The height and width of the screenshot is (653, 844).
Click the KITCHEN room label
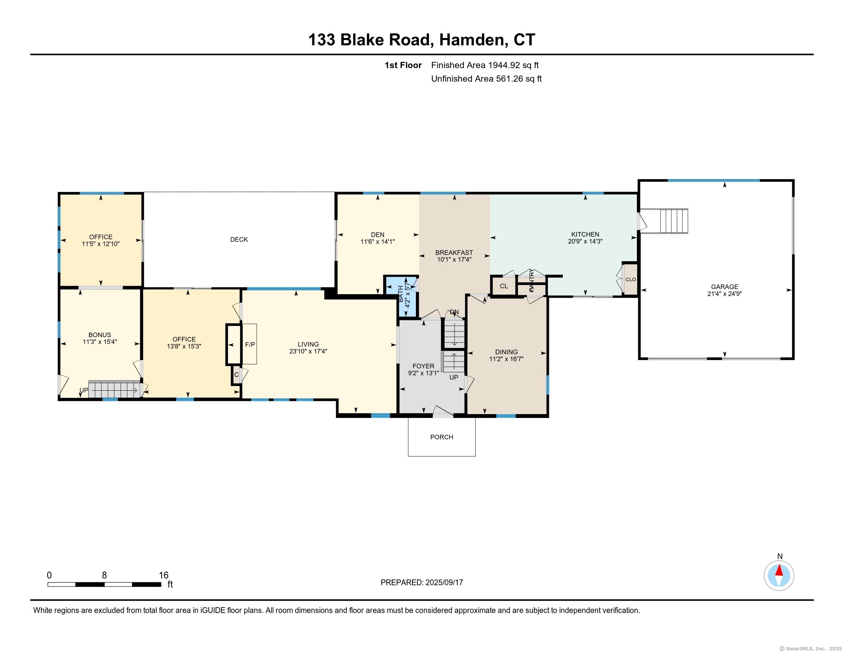point(585,234)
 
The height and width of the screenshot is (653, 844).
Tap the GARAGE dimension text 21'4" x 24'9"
point(724,293)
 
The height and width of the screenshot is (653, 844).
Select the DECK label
point(239,239)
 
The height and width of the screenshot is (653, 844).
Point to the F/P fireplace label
point(250,344)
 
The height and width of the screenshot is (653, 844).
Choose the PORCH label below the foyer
point(441,437)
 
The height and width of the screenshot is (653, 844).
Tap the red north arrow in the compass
point(779,570)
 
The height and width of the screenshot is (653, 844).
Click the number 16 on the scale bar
point(163,575)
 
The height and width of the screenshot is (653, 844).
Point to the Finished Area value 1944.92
point(504,65)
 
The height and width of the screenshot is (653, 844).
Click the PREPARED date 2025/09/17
point(444,582)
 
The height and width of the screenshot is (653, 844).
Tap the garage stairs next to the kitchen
point(673,221)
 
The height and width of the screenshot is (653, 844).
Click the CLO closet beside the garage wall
point(630,279)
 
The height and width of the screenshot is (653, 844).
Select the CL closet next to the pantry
point(504,286)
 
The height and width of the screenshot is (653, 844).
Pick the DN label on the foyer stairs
point(454,312)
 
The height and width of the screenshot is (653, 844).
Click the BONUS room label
point(100,335)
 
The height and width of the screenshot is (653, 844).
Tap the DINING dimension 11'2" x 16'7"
point(506,359)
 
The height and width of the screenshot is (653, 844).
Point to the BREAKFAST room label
point(454,252)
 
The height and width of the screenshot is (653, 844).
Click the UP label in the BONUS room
point(84,390)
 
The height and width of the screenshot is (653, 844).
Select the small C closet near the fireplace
point(236,375)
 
